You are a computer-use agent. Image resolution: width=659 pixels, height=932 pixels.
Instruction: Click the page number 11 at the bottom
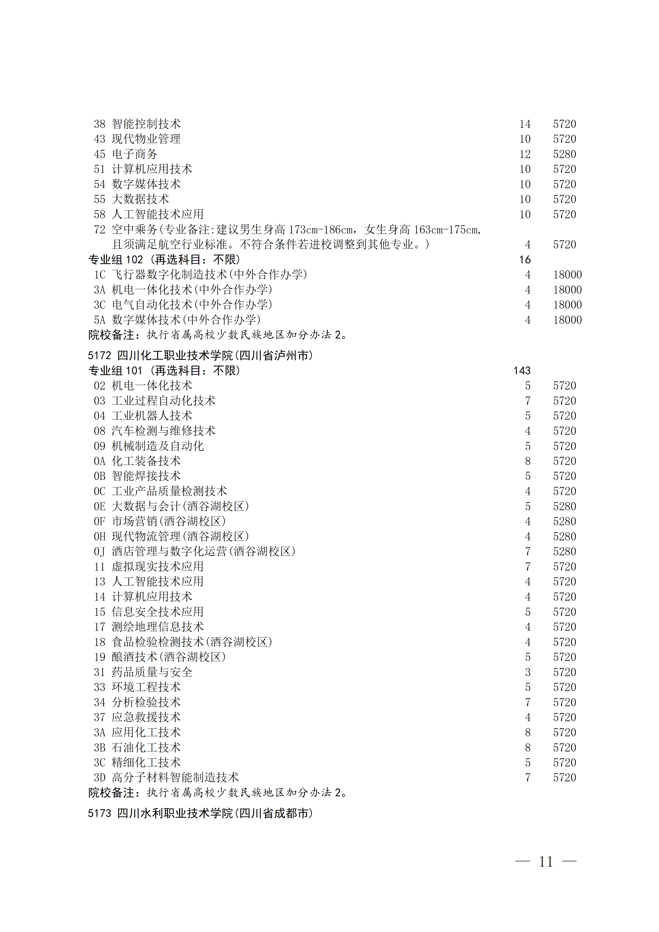tap(546, 861)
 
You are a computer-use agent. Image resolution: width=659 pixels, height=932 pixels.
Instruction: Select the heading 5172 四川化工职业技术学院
tap(200, 356)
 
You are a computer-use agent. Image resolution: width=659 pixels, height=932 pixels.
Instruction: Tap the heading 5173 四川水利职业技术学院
tap(200, 813)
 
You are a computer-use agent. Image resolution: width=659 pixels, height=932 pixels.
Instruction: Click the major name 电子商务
tap(135, 154)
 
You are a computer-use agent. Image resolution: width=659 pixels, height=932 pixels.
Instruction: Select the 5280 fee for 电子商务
tap(564, 154)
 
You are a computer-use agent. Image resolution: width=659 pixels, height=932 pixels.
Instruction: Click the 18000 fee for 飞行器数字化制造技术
tap(567, 275)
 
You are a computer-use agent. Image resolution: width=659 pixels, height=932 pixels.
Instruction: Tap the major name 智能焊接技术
tap(146, 476)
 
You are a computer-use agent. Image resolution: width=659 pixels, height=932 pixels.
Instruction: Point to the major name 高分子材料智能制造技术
tap(175, 778)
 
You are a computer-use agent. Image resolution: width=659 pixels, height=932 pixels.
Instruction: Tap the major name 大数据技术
tap(140, 199)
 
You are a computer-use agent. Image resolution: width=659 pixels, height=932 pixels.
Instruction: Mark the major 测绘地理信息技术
tap(158, 627)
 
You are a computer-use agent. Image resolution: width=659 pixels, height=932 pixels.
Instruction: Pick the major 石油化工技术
tap(146, 748)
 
